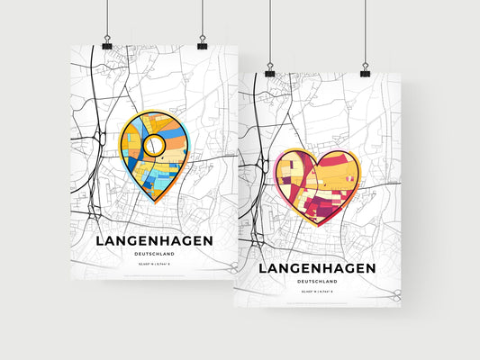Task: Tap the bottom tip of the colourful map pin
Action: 155,200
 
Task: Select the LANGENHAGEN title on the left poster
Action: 154,240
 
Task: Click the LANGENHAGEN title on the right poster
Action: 318,268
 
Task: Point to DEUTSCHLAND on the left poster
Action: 154,256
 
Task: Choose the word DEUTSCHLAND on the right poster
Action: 318,283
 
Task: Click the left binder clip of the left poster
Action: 107,44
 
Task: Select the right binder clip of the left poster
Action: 202,44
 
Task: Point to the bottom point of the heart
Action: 316,225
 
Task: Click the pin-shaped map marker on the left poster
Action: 155,153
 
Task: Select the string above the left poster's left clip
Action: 107,18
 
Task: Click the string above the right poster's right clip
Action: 366,31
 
